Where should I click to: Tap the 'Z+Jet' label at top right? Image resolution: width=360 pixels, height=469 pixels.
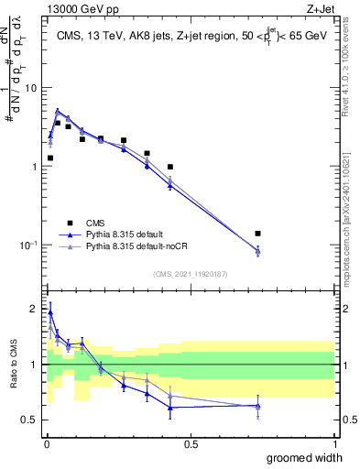320,8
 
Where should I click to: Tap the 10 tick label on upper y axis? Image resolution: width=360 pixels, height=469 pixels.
30,88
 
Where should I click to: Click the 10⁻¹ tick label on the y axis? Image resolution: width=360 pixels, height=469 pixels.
27,245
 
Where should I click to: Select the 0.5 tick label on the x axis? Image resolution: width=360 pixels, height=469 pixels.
191,444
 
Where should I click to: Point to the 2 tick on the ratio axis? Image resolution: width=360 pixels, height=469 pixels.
34,309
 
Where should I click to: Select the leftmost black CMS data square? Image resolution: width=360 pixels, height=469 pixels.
50,158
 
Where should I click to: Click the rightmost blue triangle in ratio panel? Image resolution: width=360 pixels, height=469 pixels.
258,406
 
